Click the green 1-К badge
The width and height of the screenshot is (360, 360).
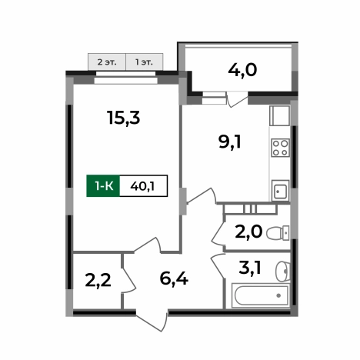(x=103, y=185)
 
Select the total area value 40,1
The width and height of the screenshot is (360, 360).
(x=143, y=185)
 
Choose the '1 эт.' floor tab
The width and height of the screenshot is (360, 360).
(x=144, y=61)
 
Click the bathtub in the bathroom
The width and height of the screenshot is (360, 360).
(x=260, y=295)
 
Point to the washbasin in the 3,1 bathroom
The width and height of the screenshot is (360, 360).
(x=283, y=268)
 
